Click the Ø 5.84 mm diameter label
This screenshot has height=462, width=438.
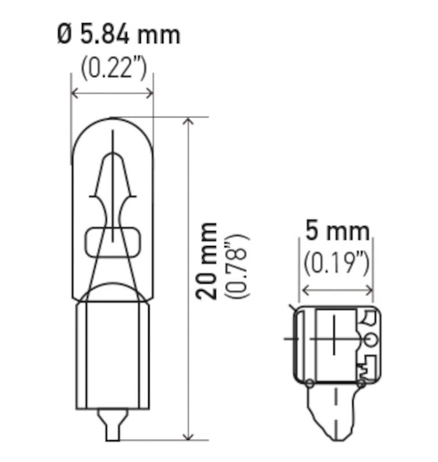coord(118,35)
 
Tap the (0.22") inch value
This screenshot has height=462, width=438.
coord(114,69)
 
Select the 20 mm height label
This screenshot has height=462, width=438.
coord(207,260)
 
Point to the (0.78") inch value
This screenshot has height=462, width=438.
coord(237,266)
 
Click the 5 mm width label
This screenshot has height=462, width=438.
coord(337,232)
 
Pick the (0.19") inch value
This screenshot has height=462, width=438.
coord(336,263)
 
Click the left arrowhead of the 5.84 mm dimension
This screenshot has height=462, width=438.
coord(74,92)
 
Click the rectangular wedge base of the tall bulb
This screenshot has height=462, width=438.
coord(113,352)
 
